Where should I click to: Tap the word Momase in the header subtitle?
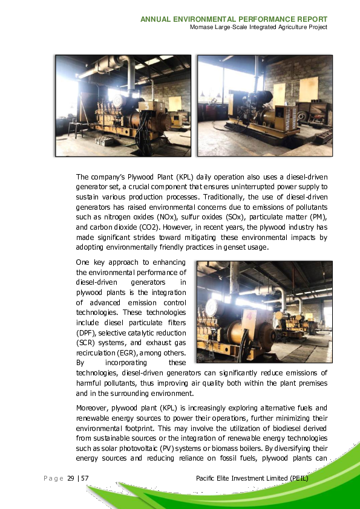point(203,27)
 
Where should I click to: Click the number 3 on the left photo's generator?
point(144,105)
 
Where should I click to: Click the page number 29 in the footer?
point(71,479)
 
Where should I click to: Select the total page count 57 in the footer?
point(85,479)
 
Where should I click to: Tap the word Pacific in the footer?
point(208,479)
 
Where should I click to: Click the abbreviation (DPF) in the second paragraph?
point(86,333)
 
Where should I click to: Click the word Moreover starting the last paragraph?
point(91,408)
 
